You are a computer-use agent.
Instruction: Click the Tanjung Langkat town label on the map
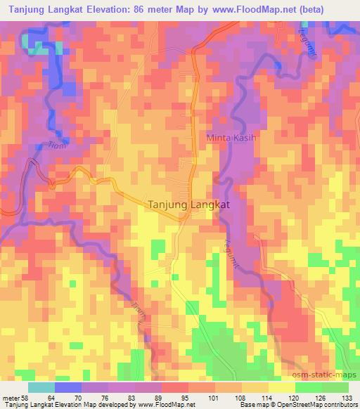pos(188,204)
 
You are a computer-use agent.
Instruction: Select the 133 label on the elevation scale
pos(348,398)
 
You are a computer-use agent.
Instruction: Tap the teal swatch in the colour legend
pos(41,387)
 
